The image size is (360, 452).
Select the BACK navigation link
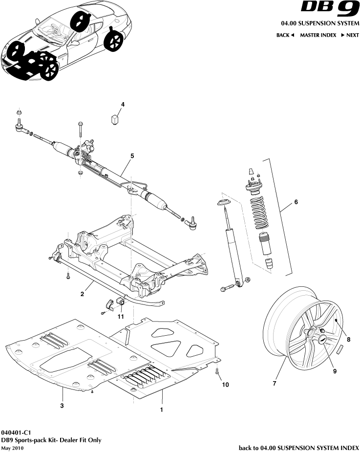285,35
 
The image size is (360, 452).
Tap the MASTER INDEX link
318,35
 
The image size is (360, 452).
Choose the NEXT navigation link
350,35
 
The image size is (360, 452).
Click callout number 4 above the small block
123,104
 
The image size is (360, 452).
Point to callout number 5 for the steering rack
132,155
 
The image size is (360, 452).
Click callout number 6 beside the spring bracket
295,202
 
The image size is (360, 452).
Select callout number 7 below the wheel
275,384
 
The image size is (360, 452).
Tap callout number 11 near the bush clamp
121,317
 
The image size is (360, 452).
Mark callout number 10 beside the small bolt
225,385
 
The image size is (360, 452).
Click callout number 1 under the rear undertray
161,410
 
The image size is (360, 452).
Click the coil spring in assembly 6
257,213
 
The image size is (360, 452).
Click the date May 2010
12,448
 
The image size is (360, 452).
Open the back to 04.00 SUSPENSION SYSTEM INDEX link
298,447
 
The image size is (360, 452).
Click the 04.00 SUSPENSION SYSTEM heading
319,23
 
